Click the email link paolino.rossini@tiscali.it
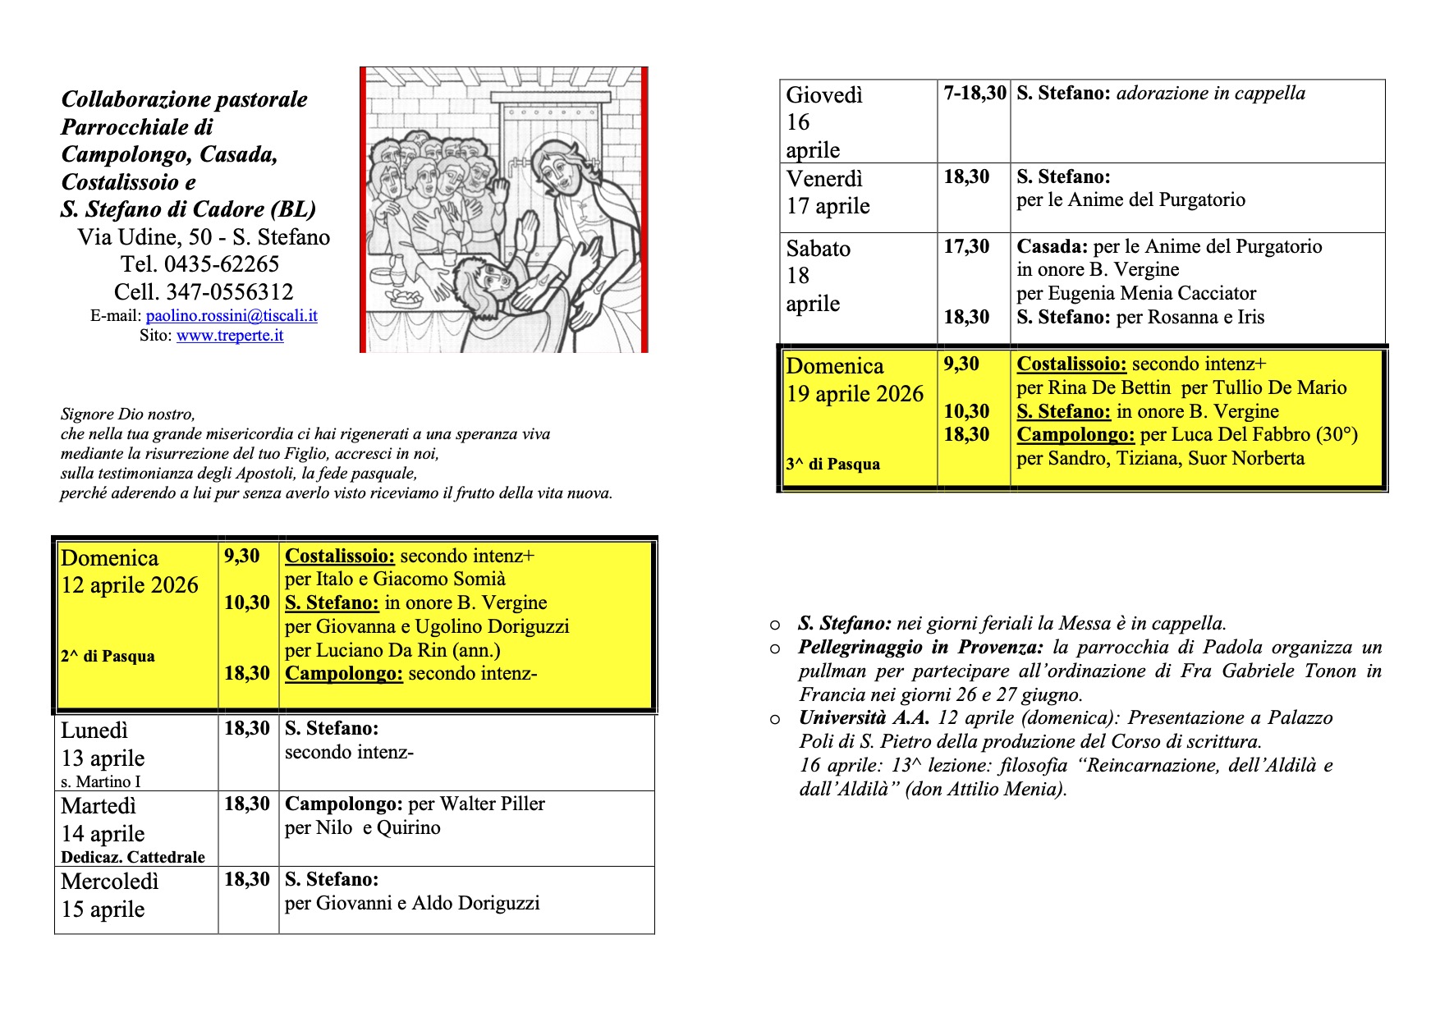(x=232, y=315)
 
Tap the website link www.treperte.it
(x=230, y=335)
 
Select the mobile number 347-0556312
(x=229, y=292)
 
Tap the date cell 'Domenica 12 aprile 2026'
(x=130, y=572)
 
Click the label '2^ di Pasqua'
(x=108, y=656)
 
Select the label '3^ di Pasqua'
(x=832, y=464)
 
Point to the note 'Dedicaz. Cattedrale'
(x=133, y=857)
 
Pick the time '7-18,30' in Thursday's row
(x=975, y=94)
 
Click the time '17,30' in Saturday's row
(x=966, y=246)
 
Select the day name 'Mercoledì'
(x=109, y=882)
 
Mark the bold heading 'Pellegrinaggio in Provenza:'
(x=920, y=648)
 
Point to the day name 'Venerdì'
(x=825, y=179)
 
